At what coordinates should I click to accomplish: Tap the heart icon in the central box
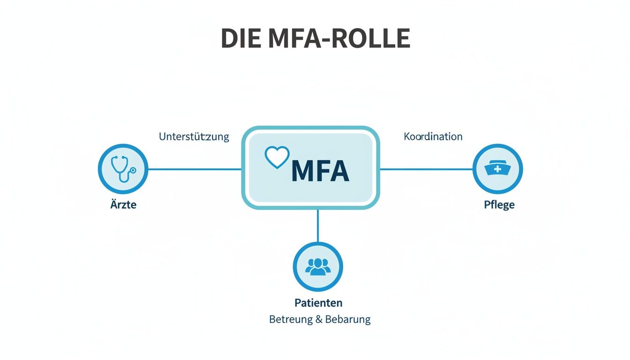tap(277, 157)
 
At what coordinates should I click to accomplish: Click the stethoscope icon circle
tap(123, 169)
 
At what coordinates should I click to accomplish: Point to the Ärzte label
tap(124, 205)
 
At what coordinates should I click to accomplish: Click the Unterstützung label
tap(194, 137)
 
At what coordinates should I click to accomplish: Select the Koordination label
tap(433, 137)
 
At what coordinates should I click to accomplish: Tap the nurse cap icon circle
tap(497, 169)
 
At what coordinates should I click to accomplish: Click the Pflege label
tap(499, 205)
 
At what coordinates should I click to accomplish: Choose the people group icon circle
tap(318, 267)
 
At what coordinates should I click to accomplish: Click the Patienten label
tap(318, 302)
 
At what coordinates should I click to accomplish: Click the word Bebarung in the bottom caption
tap(348, 320)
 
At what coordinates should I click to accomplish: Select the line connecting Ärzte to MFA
tap(195, 169)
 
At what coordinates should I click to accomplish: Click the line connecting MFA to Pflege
tap(426, 169)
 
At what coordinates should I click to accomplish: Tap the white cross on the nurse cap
tap(497, 169)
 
